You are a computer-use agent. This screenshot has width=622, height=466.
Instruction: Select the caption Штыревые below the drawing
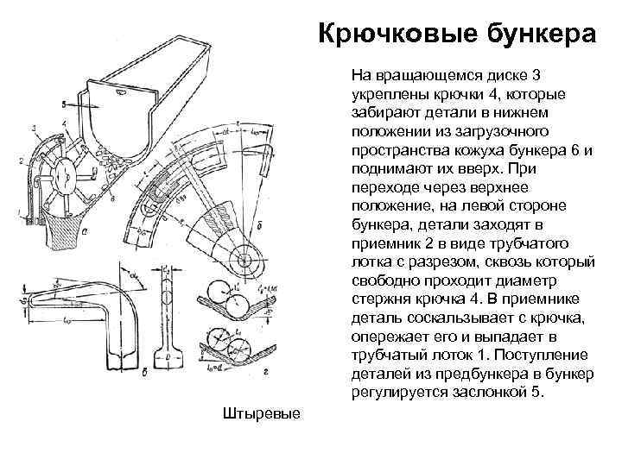click(x=260, y=413)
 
